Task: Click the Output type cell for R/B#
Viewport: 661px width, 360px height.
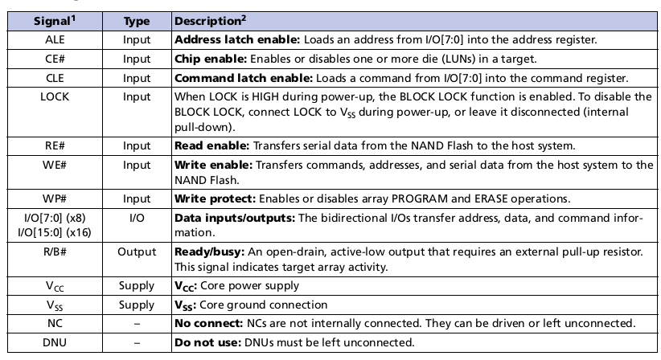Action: click(137, 252)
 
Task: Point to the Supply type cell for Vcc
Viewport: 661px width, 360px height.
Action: click(137, 285)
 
